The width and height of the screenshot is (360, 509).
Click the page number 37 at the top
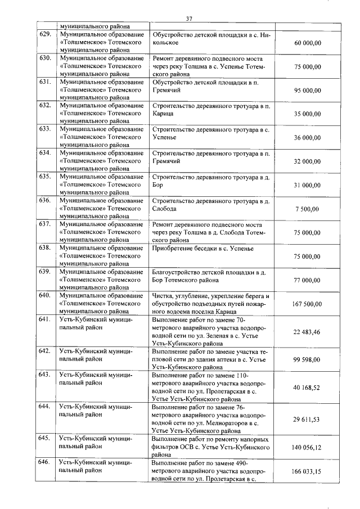[x=189, y=19]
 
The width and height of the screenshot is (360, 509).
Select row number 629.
[x=45, y=34]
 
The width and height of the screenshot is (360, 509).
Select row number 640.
[x=45, y=296]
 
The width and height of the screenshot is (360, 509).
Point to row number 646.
[x=45, y=462]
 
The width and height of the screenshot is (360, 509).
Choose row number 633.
[x=45, y=129]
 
